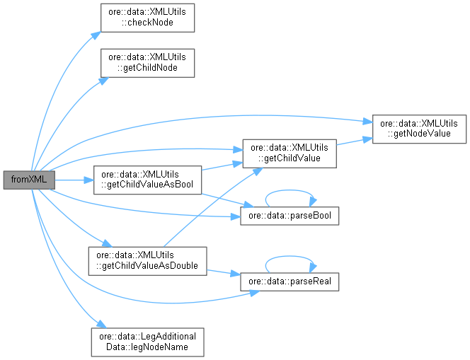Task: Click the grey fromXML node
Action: click(28, 180)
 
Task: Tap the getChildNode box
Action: click(147, 63)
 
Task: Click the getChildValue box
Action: click(289, 153)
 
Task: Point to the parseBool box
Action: click(290, 214)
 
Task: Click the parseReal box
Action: click(290, 281)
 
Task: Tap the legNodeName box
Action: click(148, 342)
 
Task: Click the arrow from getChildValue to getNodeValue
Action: click(354, 140)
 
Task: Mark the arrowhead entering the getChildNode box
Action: click(103, 80)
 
